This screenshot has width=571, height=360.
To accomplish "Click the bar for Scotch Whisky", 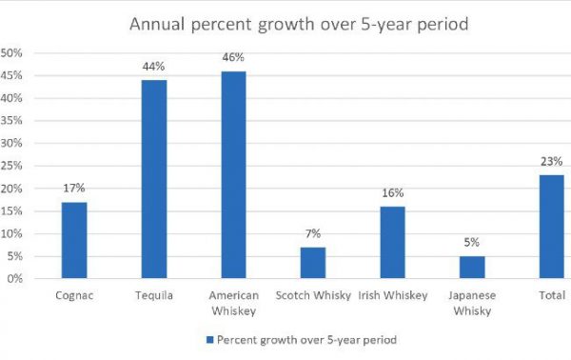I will point(313,263).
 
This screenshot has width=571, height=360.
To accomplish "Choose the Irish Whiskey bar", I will point(393,242).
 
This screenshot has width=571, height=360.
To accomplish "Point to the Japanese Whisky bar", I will point(472,268).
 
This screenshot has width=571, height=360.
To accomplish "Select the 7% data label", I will point(313,234).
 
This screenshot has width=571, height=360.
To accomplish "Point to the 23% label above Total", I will point(551,161).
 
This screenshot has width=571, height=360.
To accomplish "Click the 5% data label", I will point(472,243).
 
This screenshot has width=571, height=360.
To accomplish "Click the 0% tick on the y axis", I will point(14,279).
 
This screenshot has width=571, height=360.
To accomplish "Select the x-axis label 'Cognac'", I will point(74,295).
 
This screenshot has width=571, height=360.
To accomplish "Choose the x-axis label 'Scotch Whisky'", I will point(313,295).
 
